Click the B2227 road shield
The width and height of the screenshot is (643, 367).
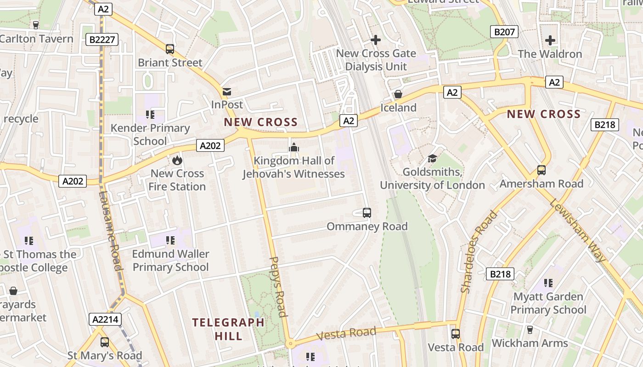click(102, 40)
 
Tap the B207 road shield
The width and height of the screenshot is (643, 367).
click(504, 32)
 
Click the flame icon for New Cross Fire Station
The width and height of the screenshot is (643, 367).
click(177, 160)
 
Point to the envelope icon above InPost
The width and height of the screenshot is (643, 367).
click(227, 92)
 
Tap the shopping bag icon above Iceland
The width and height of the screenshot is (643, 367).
click(398, 95)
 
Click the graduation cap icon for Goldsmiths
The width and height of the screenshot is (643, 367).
click(432, 159)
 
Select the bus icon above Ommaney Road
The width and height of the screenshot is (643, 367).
click(367, 213)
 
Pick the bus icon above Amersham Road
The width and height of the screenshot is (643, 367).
click(541, 170)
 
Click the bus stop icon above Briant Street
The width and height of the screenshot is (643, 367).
click(170, 49)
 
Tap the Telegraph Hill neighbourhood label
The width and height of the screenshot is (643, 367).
click(228, 329)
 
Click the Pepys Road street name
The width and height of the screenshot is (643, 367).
click(278, 287)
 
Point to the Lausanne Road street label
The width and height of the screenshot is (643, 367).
click(110, 231)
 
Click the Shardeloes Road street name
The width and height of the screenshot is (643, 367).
click(479, 251)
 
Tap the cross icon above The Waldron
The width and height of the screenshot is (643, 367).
click(550, 40)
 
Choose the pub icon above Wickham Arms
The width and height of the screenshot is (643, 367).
click(530, 330)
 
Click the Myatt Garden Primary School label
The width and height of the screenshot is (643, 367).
click(548, 303)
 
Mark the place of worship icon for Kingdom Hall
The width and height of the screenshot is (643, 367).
click(293, 147)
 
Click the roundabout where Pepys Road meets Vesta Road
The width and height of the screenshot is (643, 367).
click(290, 344)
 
